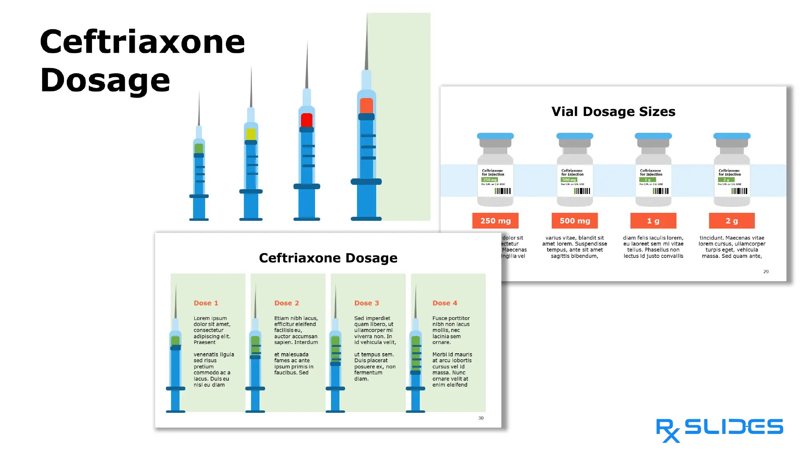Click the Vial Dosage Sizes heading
tap(613, 112)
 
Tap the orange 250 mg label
tap(495, 221)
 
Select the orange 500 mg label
tap(575, 221)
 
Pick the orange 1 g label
tap(653, 221)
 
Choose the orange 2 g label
tap(732, 221)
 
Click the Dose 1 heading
tap(206, 303)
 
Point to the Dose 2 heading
tap(287, 303)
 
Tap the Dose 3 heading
tap(367, 303)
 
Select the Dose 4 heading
tap(445, 303)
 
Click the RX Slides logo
tap(719, 429)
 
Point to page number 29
tap(766, 272)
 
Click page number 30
tap(481, 418)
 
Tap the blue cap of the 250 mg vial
tap(495, 136)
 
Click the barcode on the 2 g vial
tap(739, 191)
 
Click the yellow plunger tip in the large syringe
tap(251, 134)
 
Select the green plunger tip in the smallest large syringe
tap(199, 148)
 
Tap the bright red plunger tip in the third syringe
tap(307, 120)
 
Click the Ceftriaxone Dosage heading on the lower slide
tap(328, 258)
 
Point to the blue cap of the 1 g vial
tap(653, 136)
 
